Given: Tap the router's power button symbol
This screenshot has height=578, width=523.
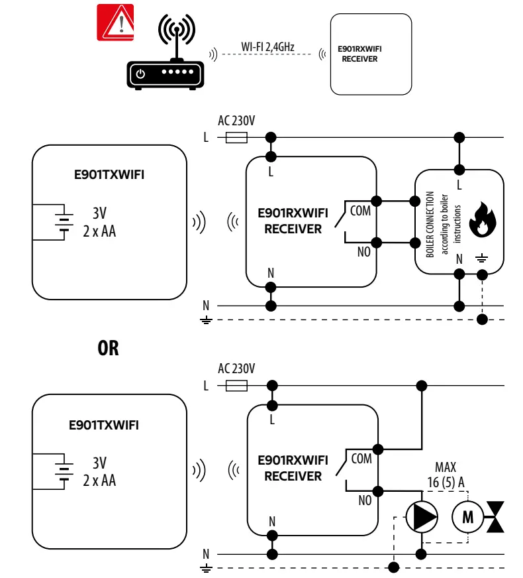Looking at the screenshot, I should click(x=140, y=75).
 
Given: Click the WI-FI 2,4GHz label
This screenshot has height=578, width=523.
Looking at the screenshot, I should click(x=268, y=48).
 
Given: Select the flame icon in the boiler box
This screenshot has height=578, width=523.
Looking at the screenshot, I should click(x=482, y=220).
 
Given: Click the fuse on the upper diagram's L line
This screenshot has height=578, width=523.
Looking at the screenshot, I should click(x=237, y=137).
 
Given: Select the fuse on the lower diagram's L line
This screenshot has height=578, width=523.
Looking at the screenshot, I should click(x=237, y=385).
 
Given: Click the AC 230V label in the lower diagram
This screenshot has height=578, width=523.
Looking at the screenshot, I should click(x=236, y=369).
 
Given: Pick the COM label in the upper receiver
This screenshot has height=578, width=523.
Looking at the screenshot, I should click(x=360, y=211).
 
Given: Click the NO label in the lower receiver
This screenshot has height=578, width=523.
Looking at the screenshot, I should click(x=364, y=500).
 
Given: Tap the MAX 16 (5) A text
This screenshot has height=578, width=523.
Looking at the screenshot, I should click(x=445, y=475).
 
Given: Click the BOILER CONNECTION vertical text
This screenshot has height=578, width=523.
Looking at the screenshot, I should click(x=430, y=224).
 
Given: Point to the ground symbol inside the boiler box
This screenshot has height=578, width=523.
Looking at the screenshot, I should click(x=482, y=259).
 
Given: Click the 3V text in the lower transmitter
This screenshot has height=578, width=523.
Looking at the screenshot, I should click(x=99, y=463).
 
